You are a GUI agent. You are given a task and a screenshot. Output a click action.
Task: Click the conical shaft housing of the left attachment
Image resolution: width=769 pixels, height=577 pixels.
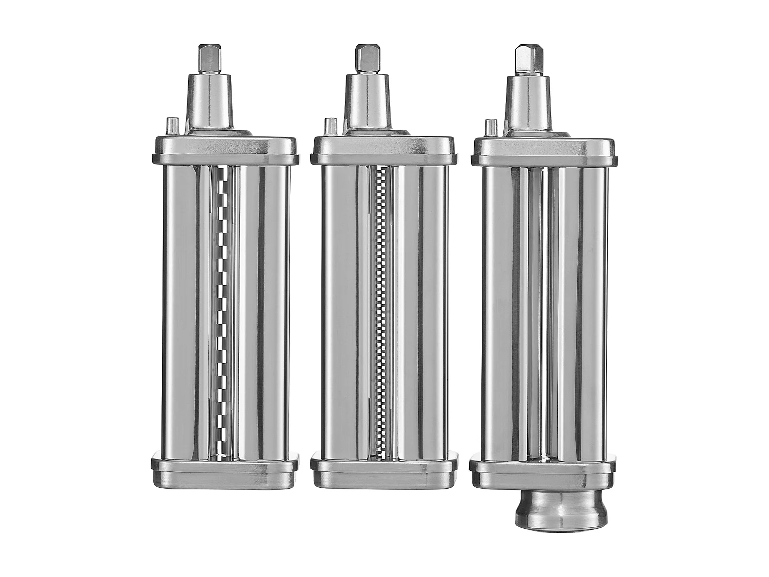211,105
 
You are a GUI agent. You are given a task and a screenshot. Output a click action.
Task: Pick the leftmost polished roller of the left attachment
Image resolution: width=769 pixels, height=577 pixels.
180,313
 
